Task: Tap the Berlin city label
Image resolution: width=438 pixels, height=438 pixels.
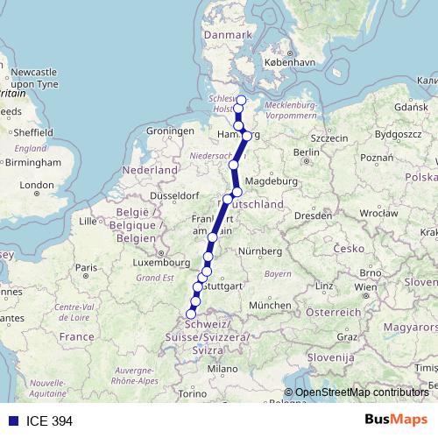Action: click(306, 152)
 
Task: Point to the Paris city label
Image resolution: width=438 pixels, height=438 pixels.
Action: click(85, 266)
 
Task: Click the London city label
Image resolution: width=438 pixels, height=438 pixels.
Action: click(36, 185)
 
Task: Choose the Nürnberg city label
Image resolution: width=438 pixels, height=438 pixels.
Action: click(262, 251)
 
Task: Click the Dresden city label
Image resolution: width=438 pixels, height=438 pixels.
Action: click(313, 214)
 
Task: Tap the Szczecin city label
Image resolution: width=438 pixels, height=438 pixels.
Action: click(328, 138)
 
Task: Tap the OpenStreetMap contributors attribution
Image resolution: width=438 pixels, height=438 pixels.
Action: click(360, 392)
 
